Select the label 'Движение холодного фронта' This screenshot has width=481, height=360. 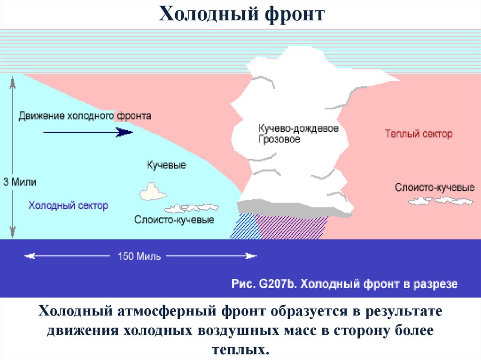(85, 115)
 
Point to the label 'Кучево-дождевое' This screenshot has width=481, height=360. (298, 129)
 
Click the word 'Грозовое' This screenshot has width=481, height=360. (279, 139)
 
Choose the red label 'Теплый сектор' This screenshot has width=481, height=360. (419, 134)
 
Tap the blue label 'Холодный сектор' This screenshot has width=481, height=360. (68, 205)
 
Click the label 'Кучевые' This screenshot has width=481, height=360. (166, 165)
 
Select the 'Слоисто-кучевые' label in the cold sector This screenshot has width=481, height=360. (174, 219)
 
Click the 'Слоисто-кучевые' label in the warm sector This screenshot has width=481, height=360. (434, 188)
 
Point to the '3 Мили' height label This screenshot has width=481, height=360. (19, 181)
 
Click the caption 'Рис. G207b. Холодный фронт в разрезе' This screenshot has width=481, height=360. (344, 284)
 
